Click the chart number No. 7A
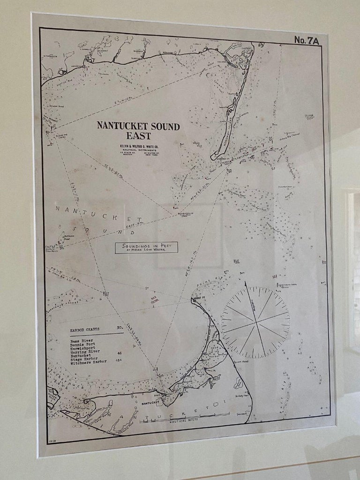tap(307, 41)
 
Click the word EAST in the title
tap(138, 136)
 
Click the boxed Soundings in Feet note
tap(146, 247)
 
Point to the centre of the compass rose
tap(256, 322)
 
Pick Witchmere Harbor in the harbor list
tap(89, 362)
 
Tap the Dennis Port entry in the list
tap(83, 345)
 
